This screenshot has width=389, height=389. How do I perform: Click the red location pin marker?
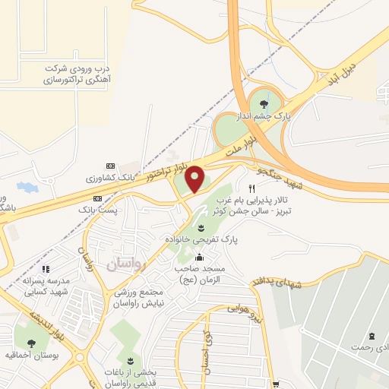(194, 179)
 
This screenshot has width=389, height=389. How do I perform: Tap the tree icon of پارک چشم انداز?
(264, 104)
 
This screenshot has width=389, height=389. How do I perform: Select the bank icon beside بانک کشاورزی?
(109, 166)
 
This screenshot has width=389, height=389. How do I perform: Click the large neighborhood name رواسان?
(125, 261)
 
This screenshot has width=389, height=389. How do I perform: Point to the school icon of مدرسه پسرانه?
(46, 268)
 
